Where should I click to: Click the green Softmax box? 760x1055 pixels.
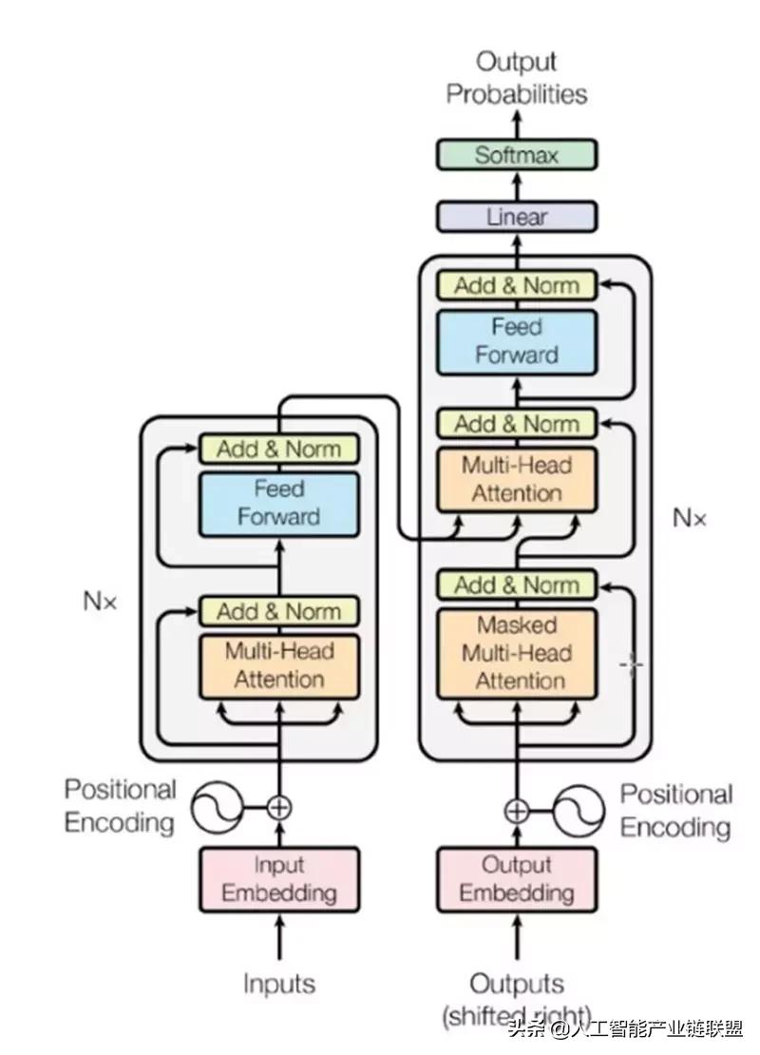point(517,155)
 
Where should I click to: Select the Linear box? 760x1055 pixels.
point(517,217)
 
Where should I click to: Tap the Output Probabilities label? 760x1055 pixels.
point(517,78)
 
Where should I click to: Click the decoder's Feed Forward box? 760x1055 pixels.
point(517,341)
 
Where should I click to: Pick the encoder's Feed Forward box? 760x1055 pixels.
point(278,504)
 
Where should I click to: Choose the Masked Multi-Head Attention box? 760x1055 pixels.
point(517,653)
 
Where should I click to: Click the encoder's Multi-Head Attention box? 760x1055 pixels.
point(278,664)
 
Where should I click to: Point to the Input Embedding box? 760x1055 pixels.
point(278,879)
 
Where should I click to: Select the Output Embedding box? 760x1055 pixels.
point(517,879)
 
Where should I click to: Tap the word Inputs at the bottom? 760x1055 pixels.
point(278,984)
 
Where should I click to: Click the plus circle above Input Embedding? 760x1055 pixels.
point(278,808)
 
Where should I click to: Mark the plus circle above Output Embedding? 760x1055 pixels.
point(516,810)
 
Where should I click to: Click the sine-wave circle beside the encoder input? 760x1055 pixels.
point(217,808)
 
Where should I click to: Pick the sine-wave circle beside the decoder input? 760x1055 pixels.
point(579,810)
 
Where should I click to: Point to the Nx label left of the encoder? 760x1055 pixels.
point(100,602)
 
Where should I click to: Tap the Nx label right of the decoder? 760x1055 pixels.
point(690,518)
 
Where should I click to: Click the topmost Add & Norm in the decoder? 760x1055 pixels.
point(517,286)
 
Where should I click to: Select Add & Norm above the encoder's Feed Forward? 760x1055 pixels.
point(278,449)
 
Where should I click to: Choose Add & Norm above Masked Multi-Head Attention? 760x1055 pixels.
point(517,585)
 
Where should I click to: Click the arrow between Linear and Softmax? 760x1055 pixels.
point(517,185)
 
